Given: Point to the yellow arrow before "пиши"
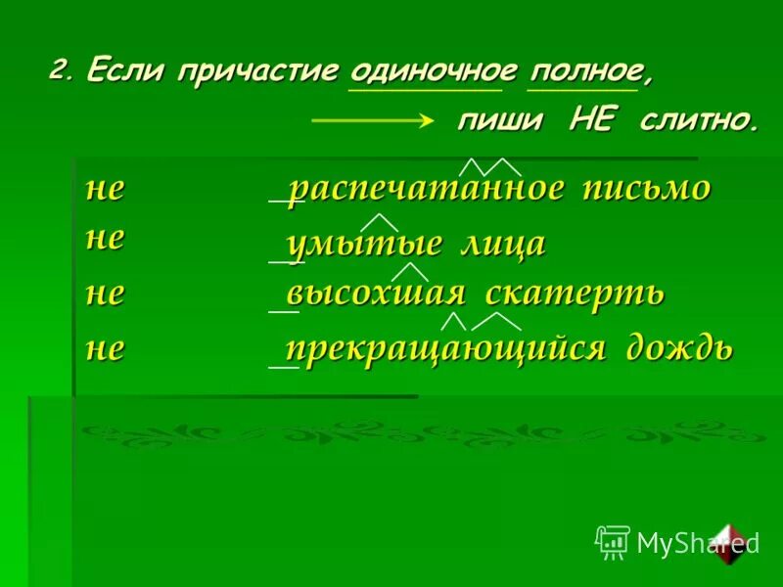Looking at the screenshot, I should tap(372, 122).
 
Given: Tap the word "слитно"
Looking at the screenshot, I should tap(699, 121).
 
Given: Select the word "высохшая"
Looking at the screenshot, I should tap(374, 293).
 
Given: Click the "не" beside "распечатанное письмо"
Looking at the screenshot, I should tap(105, 189).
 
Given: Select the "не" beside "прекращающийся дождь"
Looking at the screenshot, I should tap(105, 349).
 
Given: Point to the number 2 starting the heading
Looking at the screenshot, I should tap(61, 70).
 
